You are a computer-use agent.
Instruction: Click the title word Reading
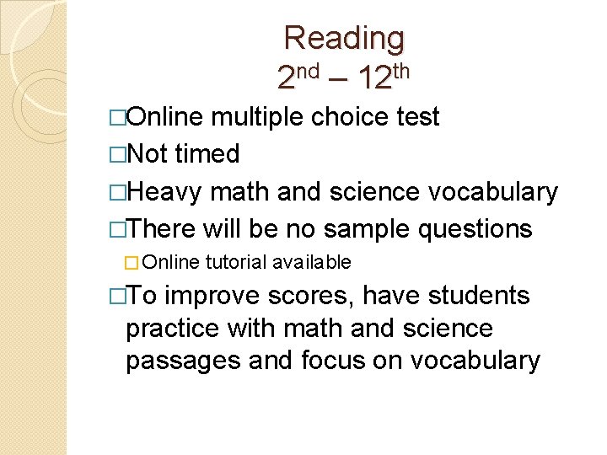tap(344, 38)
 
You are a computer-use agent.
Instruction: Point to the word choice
tap(350, 117)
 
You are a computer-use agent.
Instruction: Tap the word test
tap(418, 117)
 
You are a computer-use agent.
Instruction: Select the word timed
tap(207, 154)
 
